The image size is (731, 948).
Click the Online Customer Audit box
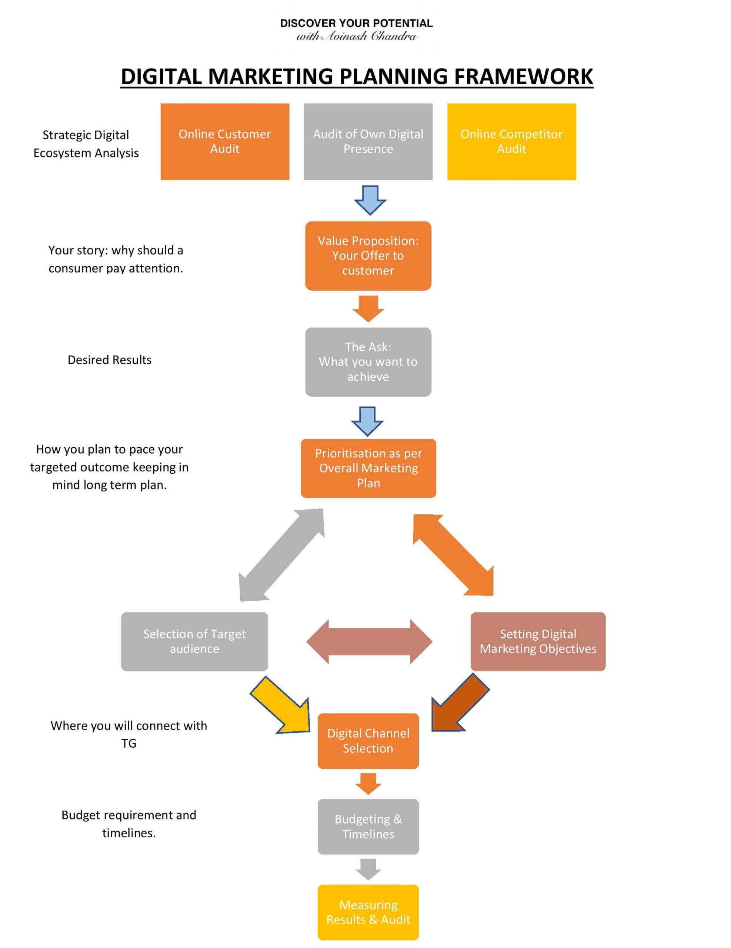(224, 141)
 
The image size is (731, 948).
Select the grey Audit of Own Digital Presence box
(368, 141)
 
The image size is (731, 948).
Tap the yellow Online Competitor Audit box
(511, 141)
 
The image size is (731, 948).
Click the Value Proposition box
(368, 256)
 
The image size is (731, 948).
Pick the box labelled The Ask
(368, 361)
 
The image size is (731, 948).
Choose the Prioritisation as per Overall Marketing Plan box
(368, 468)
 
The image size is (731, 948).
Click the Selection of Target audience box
(194, 641)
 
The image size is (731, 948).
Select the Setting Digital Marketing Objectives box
(537, 641)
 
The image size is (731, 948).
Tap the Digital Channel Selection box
(368, 741)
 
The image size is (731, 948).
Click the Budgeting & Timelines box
(368, 827)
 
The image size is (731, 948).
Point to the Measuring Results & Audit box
(368, 912)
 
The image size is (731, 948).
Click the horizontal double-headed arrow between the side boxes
(369, 641)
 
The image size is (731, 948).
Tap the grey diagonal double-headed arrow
(282, 555)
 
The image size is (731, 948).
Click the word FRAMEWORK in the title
(523, 76)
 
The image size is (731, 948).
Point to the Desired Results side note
(109, 360)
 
